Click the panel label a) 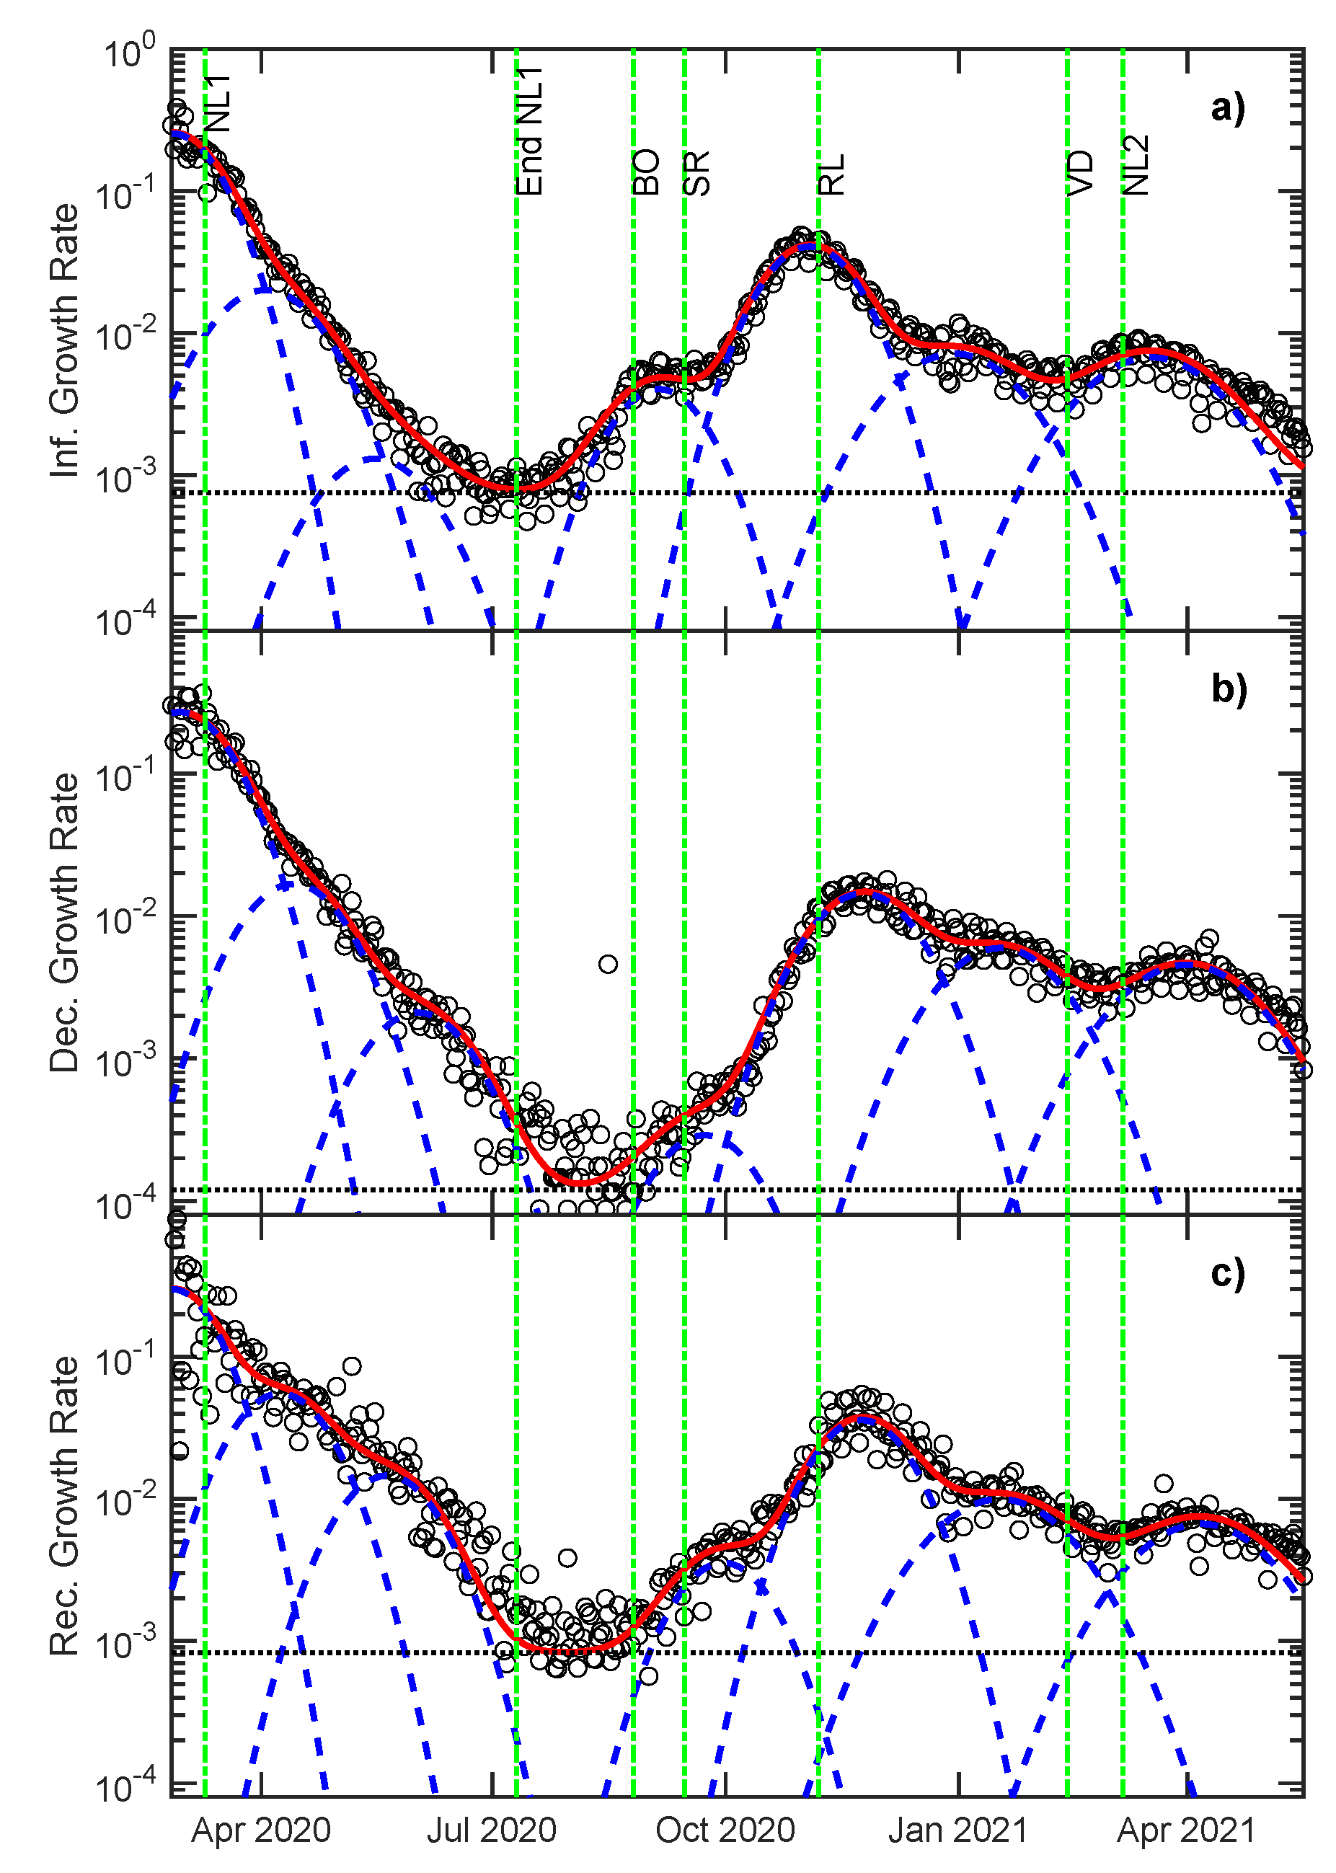point(1227,107)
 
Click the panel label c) point(1227,1272)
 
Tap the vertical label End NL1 point(531,132)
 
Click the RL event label point(832,174)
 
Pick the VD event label point(1080,174)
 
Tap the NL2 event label point(1136,165)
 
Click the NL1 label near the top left point(219,104)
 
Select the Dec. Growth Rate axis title point(64,922)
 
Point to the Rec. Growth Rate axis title point(64,1506)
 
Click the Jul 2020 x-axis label point(492,1831)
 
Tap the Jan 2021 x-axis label point(958,1831)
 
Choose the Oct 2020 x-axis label point(725,1831)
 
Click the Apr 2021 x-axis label point(1186,1831)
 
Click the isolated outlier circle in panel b point(608,964)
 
